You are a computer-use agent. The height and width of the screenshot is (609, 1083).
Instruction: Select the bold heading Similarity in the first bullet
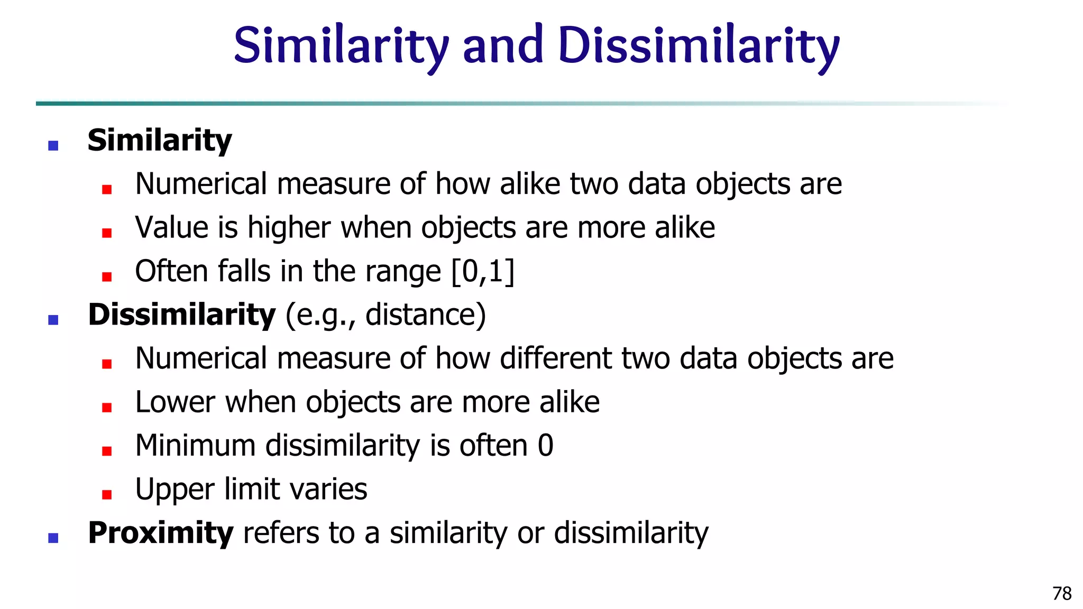[160, 141]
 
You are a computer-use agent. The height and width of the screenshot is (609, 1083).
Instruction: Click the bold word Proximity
[160, 533]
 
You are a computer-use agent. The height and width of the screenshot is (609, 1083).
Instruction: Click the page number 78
[1062, 594]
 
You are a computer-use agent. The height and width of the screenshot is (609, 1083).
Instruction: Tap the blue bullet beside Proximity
[53, 538]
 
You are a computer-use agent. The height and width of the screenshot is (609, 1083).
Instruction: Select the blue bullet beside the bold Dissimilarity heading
[53, 320]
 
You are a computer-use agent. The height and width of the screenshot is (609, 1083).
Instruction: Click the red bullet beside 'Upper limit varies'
[107, 495]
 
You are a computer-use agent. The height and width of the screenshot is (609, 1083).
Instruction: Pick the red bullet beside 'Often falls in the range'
[107, 276]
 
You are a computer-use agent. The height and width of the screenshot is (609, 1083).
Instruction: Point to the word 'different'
[556, 358]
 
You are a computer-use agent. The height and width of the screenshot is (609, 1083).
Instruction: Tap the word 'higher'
[289, 228]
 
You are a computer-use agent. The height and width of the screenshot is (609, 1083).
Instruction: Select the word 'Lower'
[175, 402]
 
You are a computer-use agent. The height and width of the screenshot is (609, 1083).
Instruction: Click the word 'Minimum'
[195, 446]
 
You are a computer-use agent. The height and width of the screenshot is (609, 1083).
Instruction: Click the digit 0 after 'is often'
[546, 446]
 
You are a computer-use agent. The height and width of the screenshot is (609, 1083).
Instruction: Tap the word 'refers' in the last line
[281, 533]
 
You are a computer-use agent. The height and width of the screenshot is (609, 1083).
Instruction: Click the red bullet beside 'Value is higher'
[107, 233]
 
